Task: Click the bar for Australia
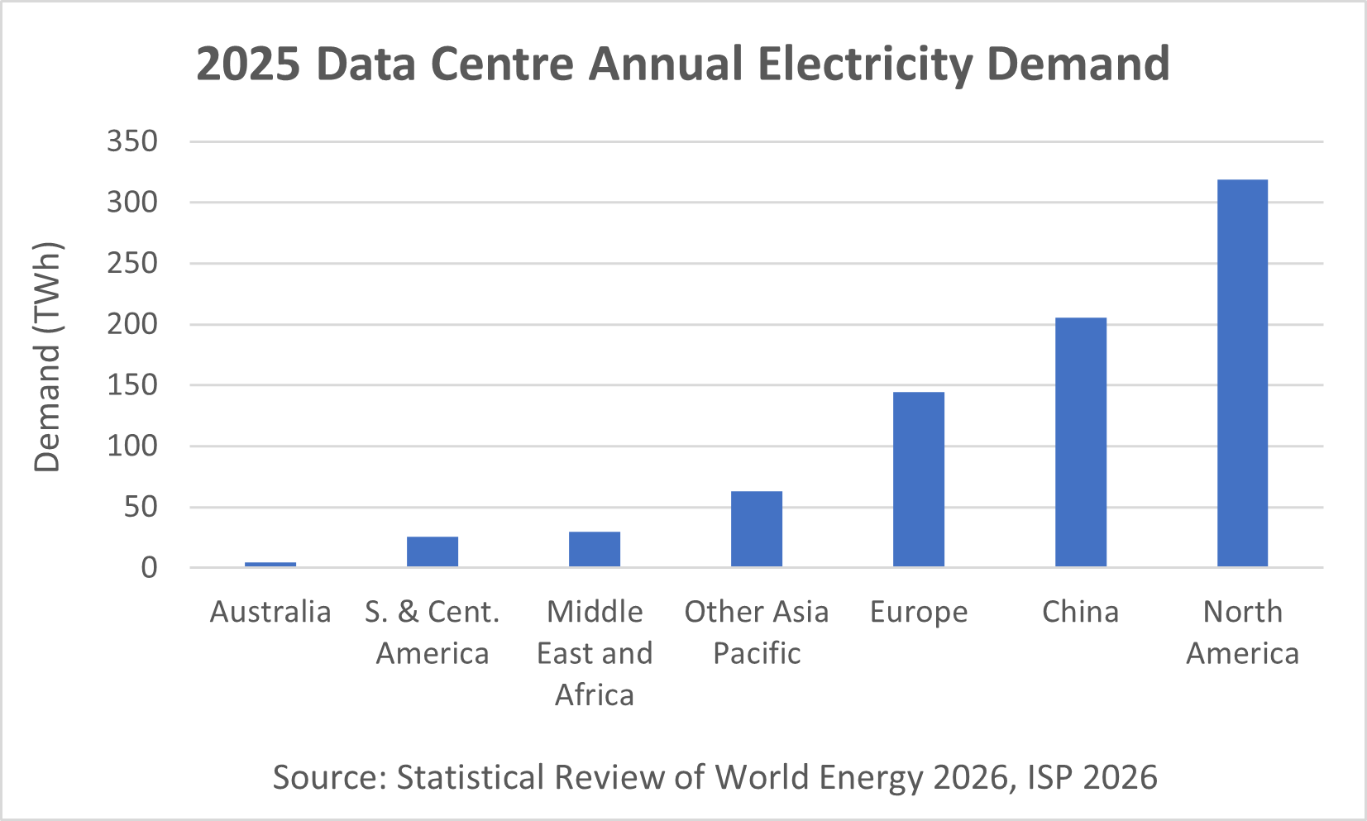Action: pos(270,564)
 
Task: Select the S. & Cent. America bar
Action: pos(433,552)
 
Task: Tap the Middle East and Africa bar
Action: pos(595,550)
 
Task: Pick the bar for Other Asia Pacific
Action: pos(757,529)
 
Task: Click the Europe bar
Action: pos(919,480)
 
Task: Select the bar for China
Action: pos(1081,442)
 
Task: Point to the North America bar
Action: pos(1242,373)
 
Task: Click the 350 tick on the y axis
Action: pos(132,141)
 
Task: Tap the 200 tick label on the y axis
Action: pos(132,324)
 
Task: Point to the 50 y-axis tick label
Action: pos(141,507)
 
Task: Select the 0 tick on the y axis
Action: pos(150,568)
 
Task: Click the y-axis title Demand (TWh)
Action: pos(48,357)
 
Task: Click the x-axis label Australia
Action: pos(270,612)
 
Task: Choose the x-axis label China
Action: pos(1080,612)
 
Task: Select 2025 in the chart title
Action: pos(248,64)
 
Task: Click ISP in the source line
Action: pos(1050,777)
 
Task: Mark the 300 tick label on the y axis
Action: pos(132,203)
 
